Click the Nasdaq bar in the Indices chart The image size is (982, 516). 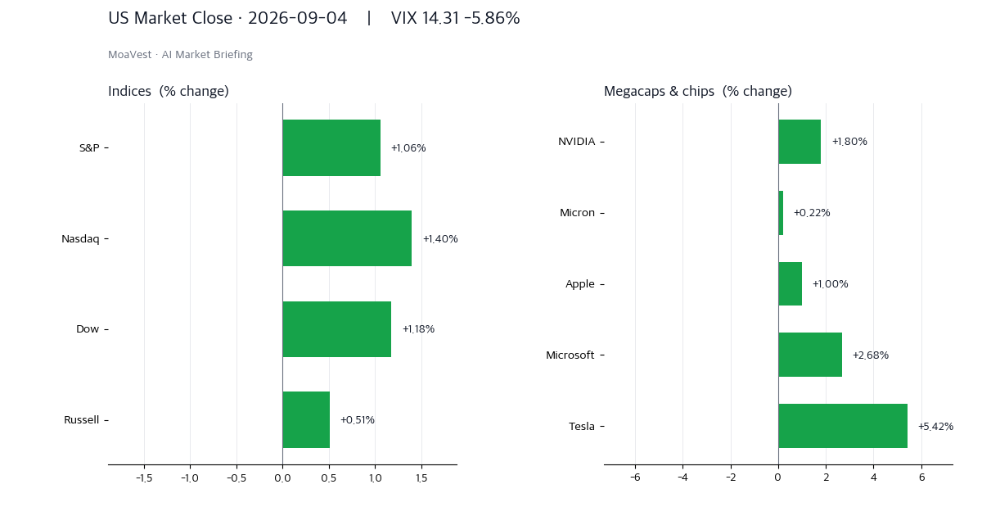click(347, 238)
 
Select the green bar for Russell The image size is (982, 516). click(306, 420)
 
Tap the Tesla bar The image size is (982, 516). click(843, 426)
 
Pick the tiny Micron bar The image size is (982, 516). click(781, 213)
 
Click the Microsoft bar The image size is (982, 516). click(810, 355)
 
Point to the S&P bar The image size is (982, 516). click(331, 148)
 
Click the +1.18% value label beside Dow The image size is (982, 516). click(419, 329)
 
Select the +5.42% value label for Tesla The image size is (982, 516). click(936, 427)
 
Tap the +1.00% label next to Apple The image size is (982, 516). click(831, 284)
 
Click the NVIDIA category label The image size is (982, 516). click(576, 141)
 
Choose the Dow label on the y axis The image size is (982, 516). click(88, 329)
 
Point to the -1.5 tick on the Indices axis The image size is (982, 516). click(144, 478)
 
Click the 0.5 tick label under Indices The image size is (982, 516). click(329, 478)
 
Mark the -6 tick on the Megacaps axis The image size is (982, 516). click(635, 477)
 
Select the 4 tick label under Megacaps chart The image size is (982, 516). click(874, 477)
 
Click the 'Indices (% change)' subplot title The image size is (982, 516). click(169, 91)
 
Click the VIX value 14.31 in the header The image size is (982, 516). click(440, 18)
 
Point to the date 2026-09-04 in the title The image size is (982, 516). click(298, 18)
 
